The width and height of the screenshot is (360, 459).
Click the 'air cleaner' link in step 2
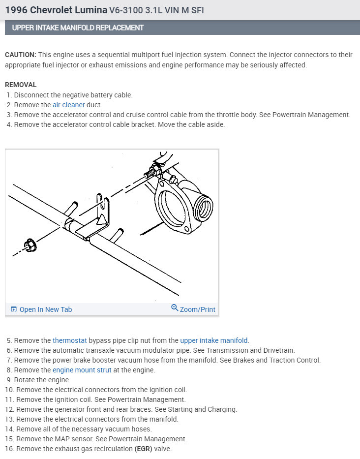coord(68,105)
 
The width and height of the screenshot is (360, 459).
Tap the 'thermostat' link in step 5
coord(70,340)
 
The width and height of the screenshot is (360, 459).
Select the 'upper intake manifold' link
coord(214,340)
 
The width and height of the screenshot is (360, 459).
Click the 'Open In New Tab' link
coord(45,309)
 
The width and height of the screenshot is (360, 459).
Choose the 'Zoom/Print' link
coord(197,309)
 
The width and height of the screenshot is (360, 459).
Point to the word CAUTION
coord(20,55)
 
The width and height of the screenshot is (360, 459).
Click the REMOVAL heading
coord(21,85)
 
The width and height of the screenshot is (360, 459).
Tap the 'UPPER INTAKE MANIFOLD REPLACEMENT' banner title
coord(78,28)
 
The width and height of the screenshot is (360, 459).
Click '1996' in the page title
coord(16,9)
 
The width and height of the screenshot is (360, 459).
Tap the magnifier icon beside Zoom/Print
coord(174,308)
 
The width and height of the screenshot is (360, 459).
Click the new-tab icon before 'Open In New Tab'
coord(14,309)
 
